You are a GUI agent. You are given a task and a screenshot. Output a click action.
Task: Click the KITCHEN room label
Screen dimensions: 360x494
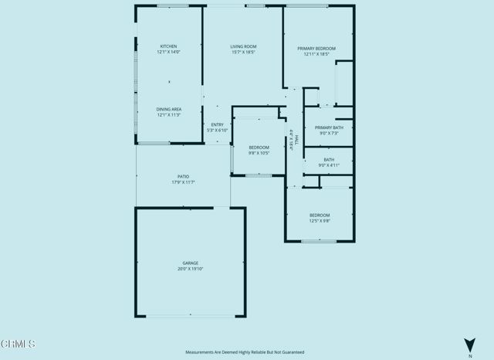click(x=168, y=46)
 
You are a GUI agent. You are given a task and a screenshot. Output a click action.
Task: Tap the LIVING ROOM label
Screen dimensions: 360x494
click(x=243, y=47)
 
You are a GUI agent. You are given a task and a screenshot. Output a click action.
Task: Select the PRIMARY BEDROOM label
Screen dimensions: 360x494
click(x=316, y=49)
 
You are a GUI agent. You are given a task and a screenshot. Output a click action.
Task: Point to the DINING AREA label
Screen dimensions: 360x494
click(x=168, y=110)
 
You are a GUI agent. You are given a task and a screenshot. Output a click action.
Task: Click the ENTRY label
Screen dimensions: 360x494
click(x=217, y=125)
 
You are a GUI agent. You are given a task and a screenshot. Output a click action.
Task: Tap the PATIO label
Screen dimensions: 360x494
click(x=183, y=177)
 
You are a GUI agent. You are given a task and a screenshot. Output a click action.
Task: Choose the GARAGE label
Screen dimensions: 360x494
click(x=190, y=263)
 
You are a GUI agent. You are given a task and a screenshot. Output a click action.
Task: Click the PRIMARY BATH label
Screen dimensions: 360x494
click(x=329, y=127)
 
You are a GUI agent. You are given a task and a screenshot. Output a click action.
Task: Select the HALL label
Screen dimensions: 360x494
click(x=296, y=138)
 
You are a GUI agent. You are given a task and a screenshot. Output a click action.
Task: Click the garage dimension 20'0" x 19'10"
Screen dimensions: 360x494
click(x=190, y=269)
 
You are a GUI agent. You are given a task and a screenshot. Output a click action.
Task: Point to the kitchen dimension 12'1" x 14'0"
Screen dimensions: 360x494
click(x=168, y=52)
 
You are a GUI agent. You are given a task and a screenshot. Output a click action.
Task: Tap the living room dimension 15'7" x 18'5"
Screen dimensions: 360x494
click(x=243, y=53)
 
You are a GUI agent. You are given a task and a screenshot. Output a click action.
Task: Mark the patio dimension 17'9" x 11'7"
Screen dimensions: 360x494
click(x=183, y=182)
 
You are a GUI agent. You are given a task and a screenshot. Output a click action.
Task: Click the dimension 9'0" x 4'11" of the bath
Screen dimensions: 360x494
click(x=329, y=165)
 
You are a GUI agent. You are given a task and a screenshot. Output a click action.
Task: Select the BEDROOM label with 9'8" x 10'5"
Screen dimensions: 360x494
click(x=259, y=147)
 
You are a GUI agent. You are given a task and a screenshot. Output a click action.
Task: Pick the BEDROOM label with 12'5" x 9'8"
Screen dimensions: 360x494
click(x=320, y=215)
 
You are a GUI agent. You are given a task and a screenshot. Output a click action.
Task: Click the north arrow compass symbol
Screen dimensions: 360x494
click(x=469, y=345)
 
